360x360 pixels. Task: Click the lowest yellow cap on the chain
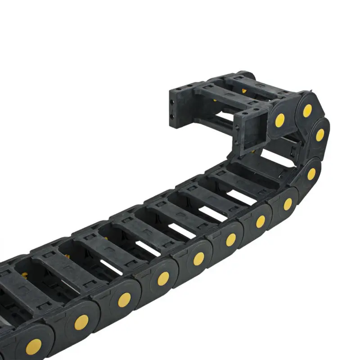[x=33, y=346]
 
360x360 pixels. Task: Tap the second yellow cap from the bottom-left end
[x=81, y=321]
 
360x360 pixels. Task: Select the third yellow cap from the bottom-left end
[x=124, y=300]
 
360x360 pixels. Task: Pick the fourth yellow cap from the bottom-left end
[x=163, y=279]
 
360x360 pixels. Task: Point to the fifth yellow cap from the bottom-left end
[x=198, y=258]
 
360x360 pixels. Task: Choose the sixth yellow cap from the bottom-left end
[x=231, y=239]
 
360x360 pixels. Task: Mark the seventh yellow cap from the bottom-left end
[x=261, y=221]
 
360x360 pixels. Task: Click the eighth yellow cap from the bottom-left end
[x=288, y=204]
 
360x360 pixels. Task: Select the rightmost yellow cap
[x=320, y=135]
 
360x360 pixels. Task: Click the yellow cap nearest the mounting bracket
[x=280, y=120]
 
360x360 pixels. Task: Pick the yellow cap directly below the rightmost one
[x=311, y=174]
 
